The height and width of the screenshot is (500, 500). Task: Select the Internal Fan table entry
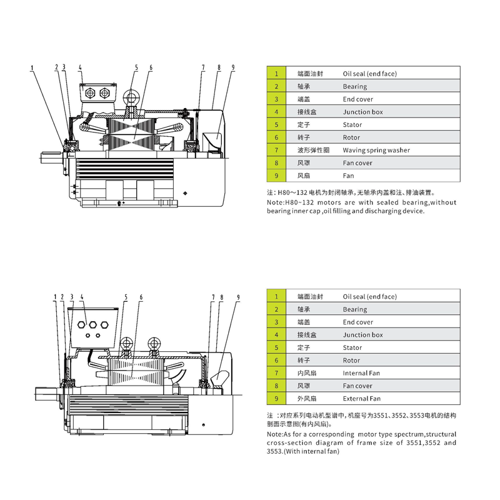click(361, 373)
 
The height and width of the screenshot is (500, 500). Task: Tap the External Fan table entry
click(362, 398)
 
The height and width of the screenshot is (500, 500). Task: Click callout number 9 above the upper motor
click(232, 67)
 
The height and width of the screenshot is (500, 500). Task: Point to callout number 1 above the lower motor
click(55, 297)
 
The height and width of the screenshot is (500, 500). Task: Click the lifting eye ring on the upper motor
click(132, 97)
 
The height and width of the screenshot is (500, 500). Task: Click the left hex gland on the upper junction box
click(89, 93)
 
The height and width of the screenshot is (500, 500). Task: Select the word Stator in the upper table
click(352, 125)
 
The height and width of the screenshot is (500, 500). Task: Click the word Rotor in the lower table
click(351, 361)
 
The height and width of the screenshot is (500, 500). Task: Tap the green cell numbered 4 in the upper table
click(276, 112)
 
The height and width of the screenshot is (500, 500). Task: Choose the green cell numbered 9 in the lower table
click(276, 398)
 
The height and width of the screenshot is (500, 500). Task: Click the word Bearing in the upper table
click(354, 87)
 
